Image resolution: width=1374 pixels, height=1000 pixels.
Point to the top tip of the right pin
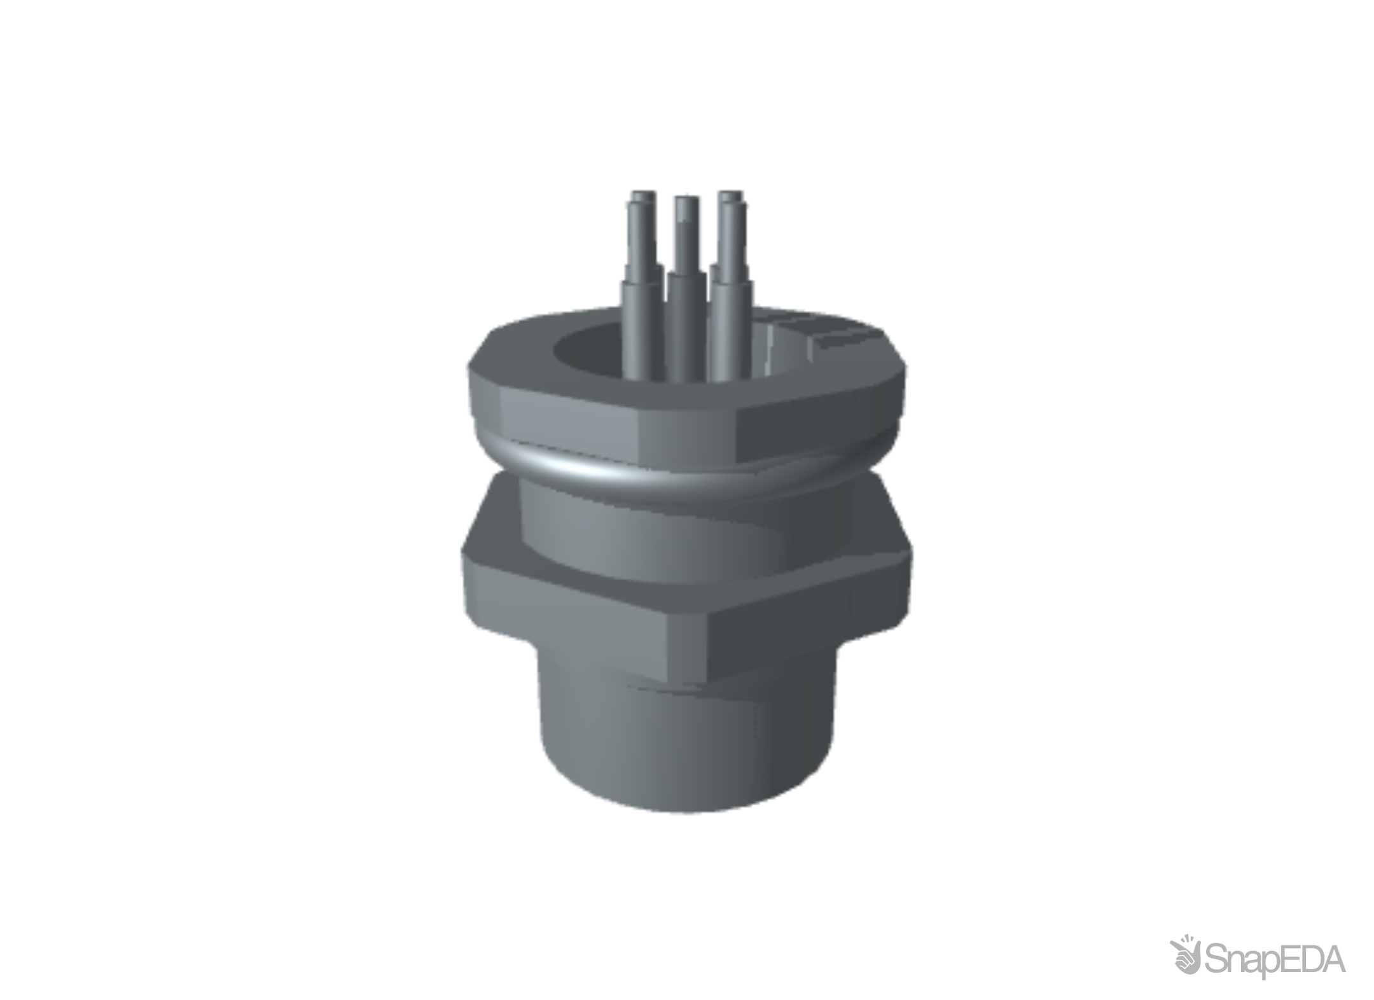730,193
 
